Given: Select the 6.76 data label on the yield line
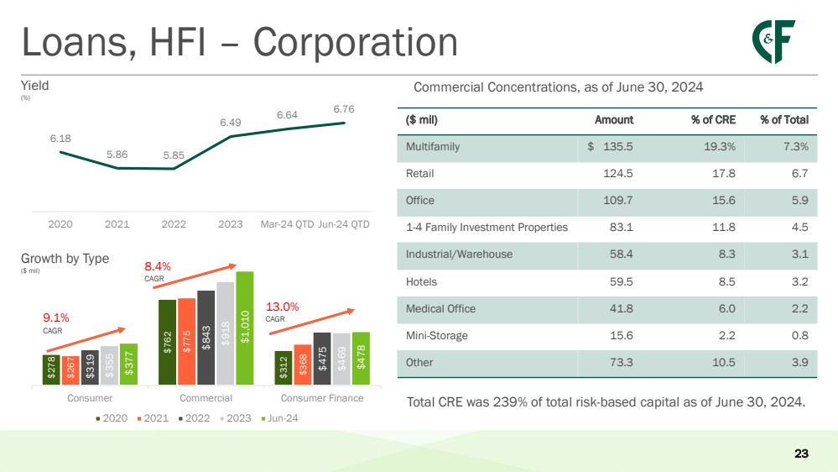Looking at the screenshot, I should click(344, 109).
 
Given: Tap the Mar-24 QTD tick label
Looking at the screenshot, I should click(287, 225).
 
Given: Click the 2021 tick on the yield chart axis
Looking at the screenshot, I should click(117, 225).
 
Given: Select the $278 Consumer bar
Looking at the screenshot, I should click(51, 369).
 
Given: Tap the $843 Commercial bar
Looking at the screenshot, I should click(206, 337).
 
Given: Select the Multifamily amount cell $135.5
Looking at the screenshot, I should click(611, 146).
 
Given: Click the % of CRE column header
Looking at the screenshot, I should click(713, 119).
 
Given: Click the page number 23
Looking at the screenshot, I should click(801, 454).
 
